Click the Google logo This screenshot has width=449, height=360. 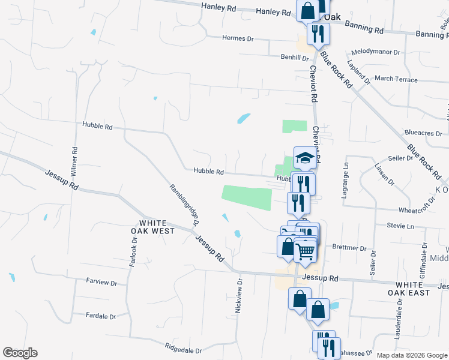(x=20, y=353)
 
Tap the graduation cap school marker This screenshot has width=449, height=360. (x=305, y=158)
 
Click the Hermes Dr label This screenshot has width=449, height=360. (x=238, y=38)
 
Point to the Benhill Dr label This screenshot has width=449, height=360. (x=295, y=58)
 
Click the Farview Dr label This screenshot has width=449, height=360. (x=101, y=281)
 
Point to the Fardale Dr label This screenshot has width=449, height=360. (x=101, y=316)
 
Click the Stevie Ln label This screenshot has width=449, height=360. (x=402, y=226)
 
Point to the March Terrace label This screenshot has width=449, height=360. (x=396, y=79)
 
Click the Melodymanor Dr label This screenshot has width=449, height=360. (x=376, y=52)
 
